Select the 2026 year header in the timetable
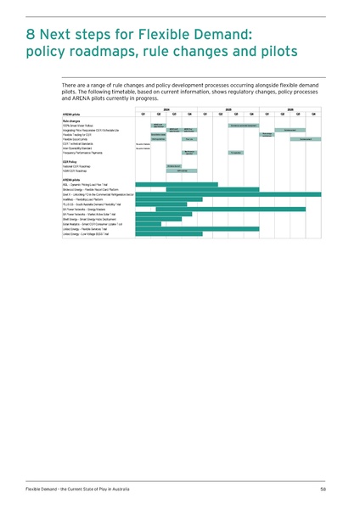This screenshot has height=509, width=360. (290, 109)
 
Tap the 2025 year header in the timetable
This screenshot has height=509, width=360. (228, 109)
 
